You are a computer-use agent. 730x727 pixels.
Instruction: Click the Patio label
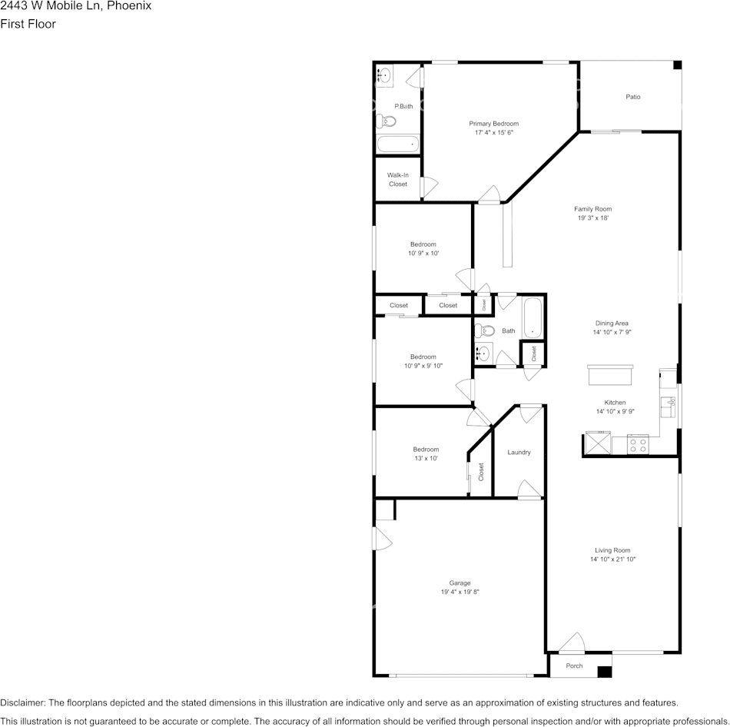[632, 97]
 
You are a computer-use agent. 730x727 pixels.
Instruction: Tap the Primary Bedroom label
[493, 123]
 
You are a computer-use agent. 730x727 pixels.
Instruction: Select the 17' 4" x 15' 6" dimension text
[493, 133]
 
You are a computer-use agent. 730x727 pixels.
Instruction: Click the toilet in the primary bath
[387, 121]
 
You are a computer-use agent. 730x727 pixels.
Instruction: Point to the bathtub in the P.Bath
[397, 144]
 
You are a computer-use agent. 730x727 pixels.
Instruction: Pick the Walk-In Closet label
[397, 180]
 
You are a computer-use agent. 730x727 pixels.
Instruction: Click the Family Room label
[592, 208]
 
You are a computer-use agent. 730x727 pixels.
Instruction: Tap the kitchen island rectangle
[610, 374]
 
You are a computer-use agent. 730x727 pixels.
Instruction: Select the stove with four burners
[638, 444]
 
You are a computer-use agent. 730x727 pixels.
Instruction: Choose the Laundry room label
[519, 452]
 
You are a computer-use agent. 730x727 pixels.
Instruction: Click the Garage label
[460, 583]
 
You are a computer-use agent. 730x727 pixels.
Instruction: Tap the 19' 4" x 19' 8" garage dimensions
[460, 593]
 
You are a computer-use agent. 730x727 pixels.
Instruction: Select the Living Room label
[612, 549]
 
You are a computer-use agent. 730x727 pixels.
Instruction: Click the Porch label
[574, 666]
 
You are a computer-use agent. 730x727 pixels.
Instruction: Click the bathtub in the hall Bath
[533, 317]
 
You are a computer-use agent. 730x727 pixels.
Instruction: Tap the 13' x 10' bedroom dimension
[426, 459]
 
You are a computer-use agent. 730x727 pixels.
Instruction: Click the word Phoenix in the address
[130, 6]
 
